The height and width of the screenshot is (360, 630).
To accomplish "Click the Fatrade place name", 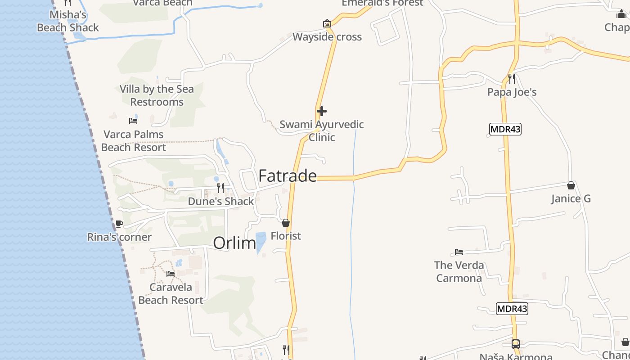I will tap(288, 176).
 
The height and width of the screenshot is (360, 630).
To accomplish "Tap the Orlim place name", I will tap(234, 243).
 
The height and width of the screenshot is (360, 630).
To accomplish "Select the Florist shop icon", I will tap(286, 223).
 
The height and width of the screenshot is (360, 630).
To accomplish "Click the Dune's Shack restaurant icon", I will tap(220, 188).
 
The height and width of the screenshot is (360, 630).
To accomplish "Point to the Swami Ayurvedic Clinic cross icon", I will tap(322, 111).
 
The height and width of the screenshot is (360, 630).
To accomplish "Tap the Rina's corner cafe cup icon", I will tap(119, 224).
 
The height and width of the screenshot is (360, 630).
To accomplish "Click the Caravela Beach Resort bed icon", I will tap(171, 274).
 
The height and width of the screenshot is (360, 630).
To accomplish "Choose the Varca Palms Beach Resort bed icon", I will tap(133, 121).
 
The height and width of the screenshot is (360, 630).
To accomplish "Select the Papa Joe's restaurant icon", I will tap(512, 79).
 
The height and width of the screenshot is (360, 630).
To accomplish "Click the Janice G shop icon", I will tap(571, 185).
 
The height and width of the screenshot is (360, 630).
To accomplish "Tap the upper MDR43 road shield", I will tap(505, 130).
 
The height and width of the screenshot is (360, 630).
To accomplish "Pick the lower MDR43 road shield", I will tap(512, 309).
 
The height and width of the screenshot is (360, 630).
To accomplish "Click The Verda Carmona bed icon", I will tap(459, 252).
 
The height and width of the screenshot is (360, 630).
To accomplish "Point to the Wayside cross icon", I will tap(327, 23).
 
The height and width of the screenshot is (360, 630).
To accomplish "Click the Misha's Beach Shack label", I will tap(68, 21).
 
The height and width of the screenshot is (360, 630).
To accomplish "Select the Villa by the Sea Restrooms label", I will tap(157, 95).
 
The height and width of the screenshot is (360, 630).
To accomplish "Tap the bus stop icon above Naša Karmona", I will tap(516, 344).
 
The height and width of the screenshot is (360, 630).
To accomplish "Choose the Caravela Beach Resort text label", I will tap(171, 293).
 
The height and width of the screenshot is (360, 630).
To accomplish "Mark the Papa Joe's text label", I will tap(512, 92).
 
